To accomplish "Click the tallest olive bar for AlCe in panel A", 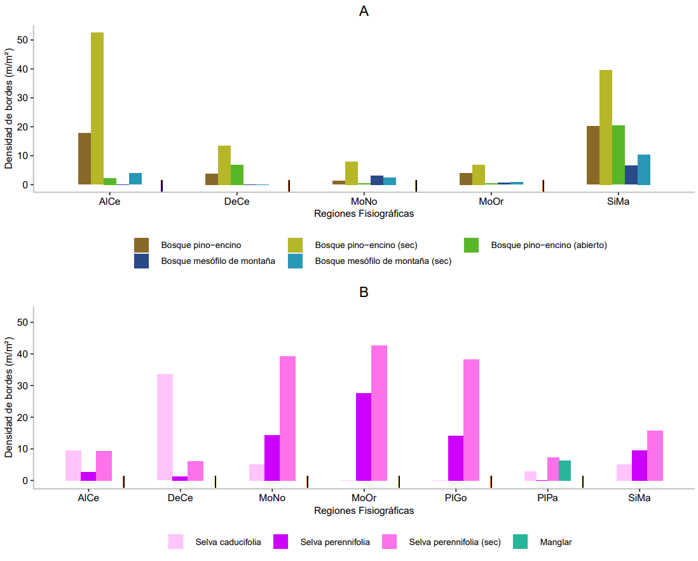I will (x=97, y=108).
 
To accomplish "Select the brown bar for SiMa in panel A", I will (x=593, y=155).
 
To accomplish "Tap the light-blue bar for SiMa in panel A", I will (x=644, y=170).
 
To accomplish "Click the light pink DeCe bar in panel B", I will (x=165, y=427).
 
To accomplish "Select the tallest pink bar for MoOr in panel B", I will (x=379, y=413).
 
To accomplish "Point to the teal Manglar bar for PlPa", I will (x=565, y=470).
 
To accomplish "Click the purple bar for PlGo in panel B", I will (x=456, y=458).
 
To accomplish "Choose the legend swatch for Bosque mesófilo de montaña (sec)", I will (x=296, y=261).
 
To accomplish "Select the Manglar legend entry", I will (x=556, y=542).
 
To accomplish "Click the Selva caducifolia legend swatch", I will (x=176, y=542).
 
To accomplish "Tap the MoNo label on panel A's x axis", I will (x=364, y=202).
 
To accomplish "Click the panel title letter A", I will (x=364, y=11).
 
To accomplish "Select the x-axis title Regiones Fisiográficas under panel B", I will (x=364, y=511).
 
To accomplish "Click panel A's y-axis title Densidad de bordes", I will (x=9, y=108).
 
